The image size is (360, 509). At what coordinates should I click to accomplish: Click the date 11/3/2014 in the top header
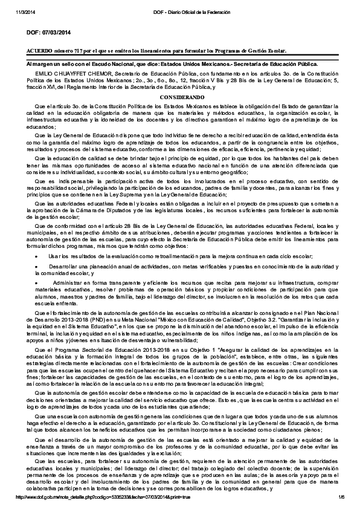point(24,5)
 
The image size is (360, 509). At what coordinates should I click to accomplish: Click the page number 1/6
point(341,497)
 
